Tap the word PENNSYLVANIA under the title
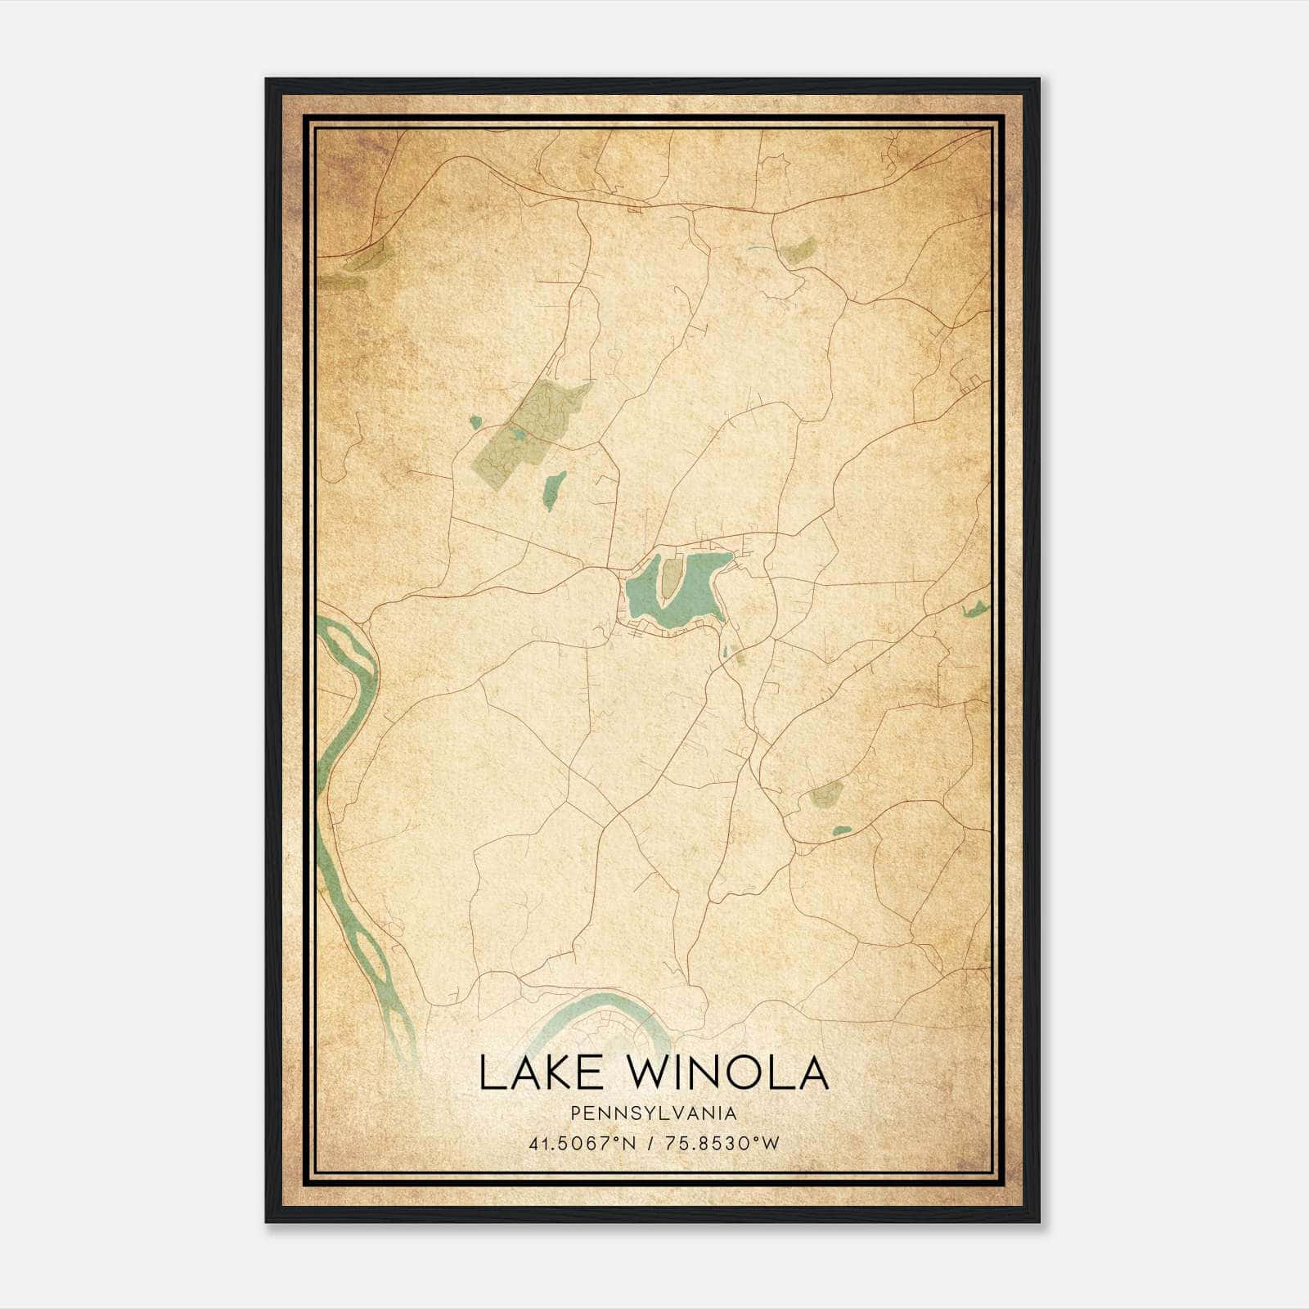pyautogui.click(x=654, y=1113)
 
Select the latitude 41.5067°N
pyautogui.click(x=583, y=1143)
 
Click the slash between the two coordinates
pyautogui.click(x=650, y=1143)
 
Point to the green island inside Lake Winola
pyautogui.click(x=669, y=578)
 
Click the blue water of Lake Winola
pyautogui.click(x=697, y=585)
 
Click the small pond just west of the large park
pyautogui.click(x=475, y=422)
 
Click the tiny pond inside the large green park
pyautogui.click(x=517, y=434)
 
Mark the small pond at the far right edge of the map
pyautogui.click(x=976, y=609)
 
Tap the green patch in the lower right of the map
pyautogui.click(x=826, y=792)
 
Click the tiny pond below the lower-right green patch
pyautogui.click(x=841, y=831)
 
